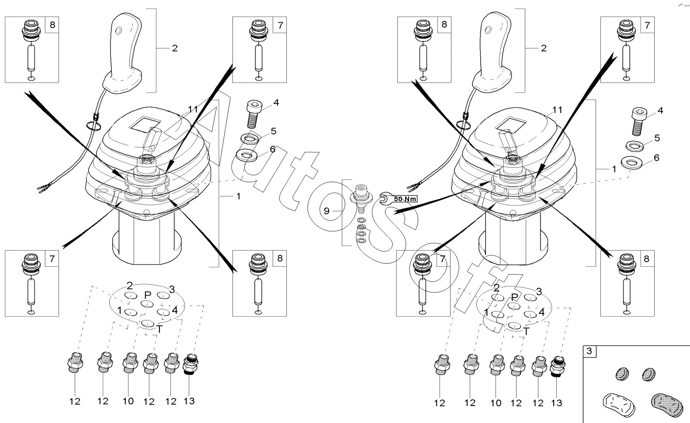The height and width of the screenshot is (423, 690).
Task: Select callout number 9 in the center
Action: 326,211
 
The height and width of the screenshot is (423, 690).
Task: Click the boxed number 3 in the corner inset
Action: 589,351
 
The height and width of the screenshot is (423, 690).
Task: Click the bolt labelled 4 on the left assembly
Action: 254,114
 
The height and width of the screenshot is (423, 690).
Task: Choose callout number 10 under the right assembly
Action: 496,402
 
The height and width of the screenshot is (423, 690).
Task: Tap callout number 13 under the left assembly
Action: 189,401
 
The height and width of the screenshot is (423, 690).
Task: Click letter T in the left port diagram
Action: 159,329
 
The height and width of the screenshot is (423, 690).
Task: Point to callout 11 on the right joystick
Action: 557,110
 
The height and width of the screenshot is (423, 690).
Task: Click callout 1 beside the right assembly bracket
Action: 614,169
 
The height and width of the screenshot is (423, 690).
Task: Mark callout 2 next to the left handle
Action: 175,48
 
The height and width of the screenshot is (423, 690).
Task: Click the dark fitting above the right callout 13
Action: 558,366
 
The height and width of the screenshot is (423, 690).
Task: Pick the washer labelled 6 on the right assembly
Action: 631,162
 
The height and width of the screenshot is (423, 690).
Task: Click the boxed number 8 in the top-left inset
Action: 52,24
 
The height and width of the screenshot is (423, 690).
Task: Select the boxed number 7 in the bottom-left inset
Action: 52,258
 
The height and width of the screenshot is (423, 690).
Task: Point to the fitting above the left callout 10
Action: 130,363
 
